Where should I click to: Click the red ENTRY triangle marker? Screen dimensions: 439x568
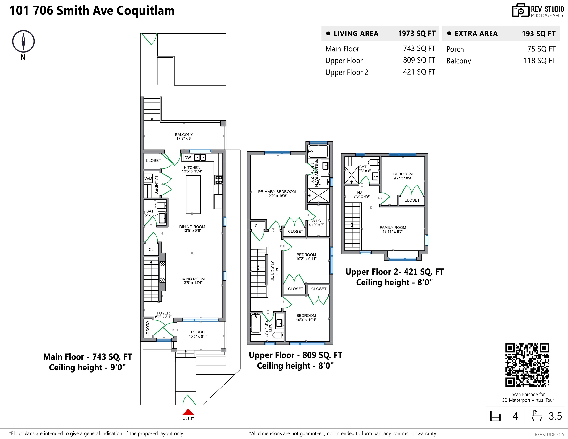pyautogui.click(x=188, y=412)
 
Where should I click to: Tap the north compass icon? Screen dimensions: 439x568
pyautogui.click(x=23, y=42)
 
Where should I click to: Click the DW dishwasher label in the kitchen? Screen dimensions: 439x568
pyautogui.click(x=187, y=158)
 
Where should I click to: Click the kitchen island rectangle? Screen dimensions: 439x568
pyautogui.click(x=193, y=195)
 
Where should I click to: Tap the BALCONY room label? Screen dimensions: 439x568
pyautogui.click(x=184, y=135)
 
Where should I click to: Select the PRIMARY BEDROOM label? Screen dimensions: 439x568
pyautogui.click(x=277, y=192)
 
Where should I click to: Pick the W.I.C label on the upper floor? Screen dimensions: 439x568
pyautogui.click(x=316, y=221)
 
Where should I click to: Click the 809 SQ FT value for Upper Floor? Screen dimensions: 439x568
pyautogui.click(x=419, y=60)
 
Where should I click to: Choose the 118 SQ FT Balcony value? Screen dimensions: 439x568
pyautogui.click(x=539, y=61)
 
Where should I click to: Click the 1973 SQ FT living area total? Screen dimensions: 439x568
pyautogui.click(x=417, y=34)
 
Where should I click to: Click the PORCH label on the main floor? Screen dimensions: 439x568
pyautogui.click(x=198, y=332)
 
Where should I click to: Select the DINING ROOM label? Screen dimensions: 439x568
pyautogui.click(x=192, y=227)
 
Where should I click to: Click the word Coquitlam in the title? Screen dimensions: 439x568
pyautogui.click(x=145, y=11)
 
